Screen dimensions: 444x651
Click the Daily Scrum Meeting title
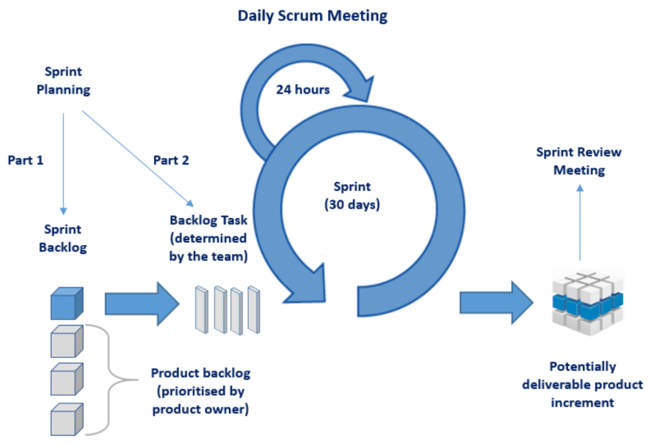point(312,15)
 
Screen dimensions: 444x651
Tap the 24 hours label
point(303,89)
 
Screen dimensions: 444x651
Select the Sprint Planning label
point(63,81)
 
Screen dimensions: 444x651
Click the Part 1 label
point(25,160)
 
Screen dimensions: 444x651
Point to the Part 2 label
point(171,160)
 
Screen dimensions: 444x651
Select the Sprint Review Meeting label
point(579,161)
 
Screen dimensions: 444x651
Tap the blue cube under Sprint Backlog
point(66,304)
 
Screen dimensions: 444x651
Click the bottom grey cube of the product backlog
point(66,419)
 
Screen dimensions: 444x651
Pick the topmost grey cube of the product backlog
point(66,342)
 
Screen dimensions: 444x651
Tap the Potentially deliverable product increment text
point(582,384)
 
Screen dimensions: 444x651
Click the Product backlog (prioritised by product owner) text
point(200,391)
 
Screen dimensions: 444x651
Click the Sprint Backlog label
point(62,239)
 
